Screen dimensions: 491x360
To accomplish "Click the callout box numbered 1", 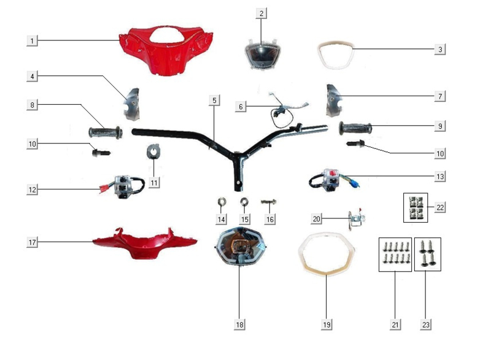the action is pos(32,40).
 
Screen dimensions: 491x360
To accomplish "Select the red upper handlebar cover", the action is pos(166,50).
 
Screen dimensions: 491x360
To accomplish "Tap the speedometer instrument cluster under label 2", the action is pos(263,53).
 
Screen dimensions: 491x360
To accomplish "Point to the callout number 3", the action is pos(440,49).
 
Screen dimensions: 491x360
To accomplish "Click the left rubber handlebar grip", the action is pos(106,132).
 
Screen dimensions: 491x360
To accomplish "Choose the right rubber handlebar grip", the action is pos(355,128).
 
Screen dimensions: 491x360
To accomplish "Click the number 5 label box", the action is pos(214,101).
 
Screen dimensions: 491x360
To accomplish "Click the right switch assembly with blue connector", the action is pos(333,180).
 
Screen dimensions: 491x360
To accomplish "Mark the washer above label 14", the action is pos(222,202).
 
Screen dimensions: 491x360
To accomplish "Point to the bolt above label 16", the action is pos(269,202).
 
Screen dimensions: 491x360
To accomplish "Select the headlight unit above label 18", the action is pos(241,246).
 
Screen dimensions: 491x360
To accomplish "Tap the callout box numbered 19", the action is pos(327,324).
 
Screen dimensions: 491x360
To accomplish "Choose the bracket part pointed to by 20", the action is pos(357,218).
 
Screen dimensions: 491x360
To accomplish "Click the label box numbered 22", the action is pos(440,207).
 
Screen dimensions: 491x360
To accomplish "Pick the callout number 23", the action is pos(425,324).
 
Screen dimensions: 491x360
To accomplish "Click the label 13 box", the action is pos(440,177).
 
